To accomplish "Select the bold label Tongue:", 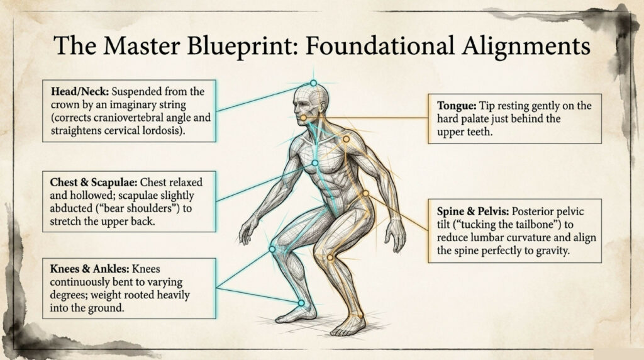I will tap(457, 106).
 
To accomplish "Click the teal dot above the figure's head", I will tap(313, 83).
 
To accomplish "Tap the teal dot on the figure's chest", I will tap(315, 163).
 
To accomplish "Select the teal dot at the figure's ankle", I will tap(301, 303).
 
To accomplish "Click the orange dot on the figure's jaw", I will tap(303, 118).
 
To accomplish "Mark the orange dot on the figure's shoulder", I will tap(346, 138).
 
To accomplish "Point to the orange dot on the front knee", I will tap(330, 257).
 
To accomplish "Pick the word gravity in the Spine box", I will tap(570, 251).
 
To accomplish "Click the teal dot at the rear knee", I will tap(272, 249).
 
